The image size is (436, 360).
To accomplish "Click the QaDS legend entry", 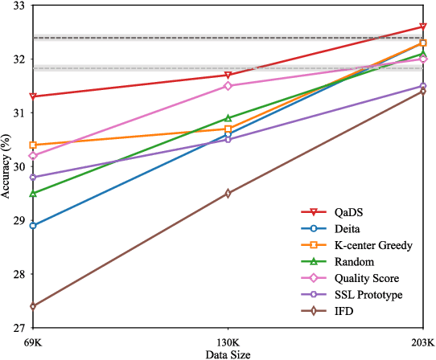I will coord(347,212).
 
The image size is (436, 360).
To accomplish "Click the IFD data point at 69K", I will coord(32,306).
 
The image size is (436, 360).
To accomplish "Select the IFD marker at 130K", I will coord(228,194).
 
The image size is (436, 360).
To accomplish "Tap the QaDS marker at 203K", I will coord(423,27).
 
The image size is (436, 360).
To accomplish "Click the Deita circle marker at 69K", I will coord(32,226).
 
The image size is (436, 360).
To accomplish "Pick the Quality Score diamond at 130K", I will coord(228,86).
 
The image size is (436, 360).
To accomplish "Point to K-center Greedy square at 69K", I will coord(32,145).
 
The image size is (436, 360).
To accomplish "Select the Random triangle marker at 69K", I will coord(32,194).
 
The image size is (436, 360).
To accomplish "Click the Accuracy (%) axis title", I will coord(6,167).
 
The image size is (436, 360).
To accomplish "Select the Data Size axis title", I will coord(228,354).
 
